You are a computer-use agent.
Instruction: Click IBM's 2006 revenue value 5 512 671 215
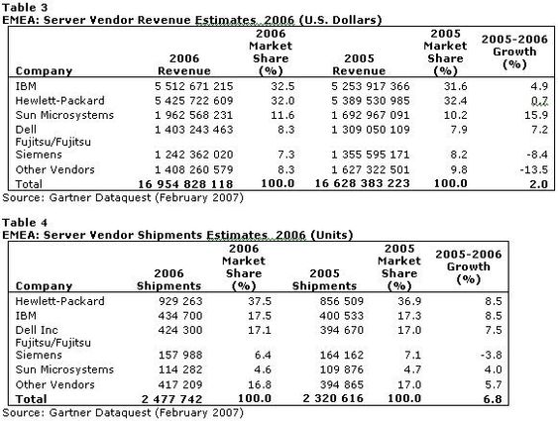(194, 86)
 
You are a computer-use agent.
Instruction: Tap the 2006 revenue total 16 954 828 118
(185, 184)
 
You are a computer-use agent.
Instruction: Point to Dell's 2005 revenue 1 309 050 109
(370, 130)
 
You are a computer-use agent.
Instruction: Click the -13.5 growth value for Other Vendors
(533, 169)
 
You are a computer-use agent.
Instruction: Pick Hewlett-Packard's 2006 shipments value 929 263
(180, 301)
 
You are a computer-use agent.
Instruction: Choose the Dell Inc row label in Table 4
(37, 330)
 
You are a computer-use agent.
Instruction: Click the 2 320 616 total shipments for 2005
(333, 398)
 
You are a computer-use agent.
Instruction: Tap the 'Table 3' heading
(25, 7)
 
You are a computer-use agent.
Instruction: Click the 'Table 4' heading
(25, 223)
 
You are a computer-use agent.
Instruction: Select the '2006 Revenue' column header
(184, 64)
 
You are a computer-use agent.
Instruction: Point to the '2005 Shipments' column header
(324, 279)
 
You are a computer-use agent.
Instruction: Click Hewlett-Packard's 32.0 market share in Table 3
(282, 101)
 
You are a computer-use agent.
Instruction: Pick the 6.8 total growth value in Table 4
(493, 399)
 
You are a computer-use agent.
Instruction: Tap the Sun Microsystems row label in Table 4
(64, 369)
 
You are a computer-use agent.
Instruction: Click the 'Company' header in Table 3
(44, 71)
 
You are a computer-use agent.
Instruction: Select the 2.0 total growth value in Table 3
(539, 184)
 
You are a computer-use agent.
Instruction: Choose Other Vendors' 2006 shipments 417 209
(180, 384)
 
